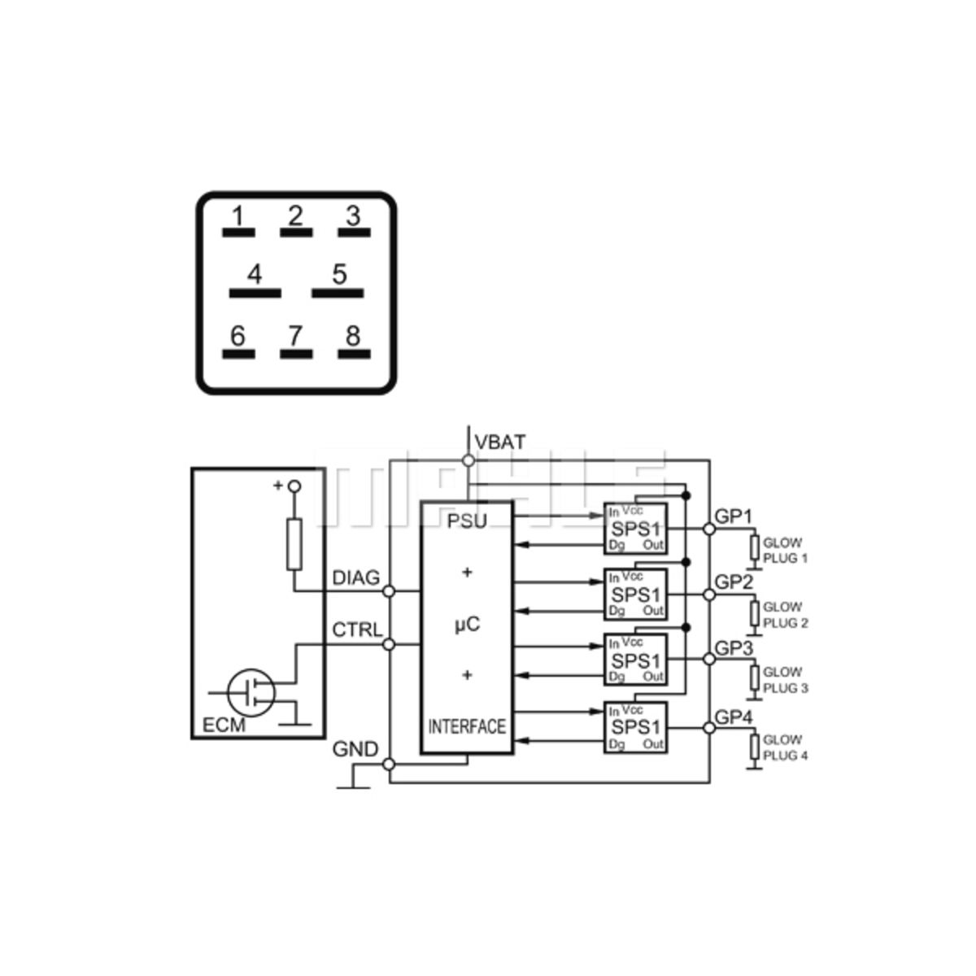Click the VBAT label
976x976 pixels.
(500, 442)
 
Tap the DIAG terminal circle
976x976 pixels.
(389, 591)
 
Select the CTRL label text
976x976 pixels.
(356, 630)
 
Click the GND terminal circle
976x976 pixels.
(389, 765)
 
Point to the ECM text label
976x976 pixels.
(224, 725)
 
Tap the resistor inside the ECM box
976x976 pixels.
(294, 543)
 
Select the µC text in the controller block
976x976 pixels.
(467, 625)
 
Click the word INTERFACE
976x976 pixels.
(467, 726)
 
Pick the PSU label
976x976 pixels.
(467, 521)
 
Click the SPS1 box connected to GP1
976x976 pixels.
(635, 528)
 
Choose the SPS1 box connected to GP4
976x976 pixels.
(635, 727)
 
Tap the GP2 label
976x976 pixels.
(734, 582)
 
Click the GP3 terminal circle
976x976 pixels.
(709, 660)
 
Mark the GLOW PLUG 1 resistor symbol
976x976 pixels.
(755, 549)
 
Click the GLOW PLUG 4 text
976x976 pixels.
(786, 747)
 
